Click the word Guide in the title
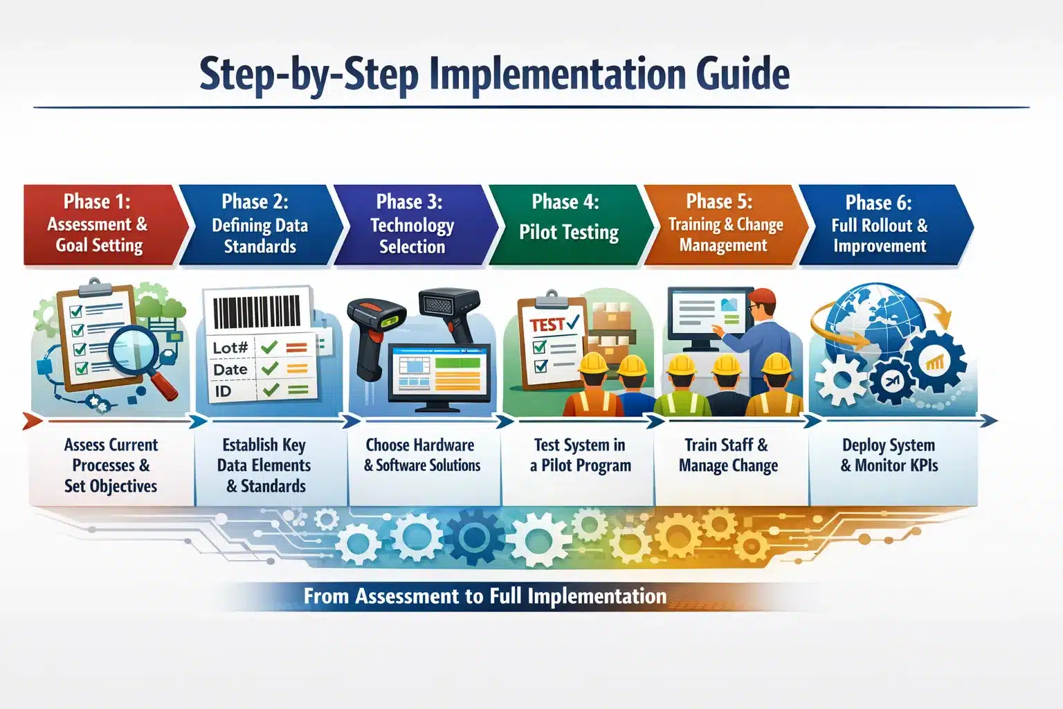(743, 74)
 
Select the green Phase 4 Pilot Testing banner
(570, 224)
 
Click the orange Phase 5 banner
(725, 224)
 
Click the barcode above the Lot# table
(257, 312)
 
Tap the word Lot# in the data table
(230, 348)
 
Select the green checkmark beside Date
(270, 369)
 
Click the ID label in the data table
(223, 391)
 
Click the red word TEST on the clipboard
(547, 325)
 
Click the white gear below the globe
(842, 380)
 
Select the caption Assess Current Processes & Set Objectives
(111, 465)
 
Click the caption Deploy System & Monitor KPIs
(889, 456)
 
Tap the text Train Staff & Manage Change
(728, 456)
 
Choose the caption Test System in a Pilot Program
(581, 456)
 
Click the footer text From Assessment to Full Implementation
(485, 596)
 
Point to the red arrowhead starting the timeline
(32, 421)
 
